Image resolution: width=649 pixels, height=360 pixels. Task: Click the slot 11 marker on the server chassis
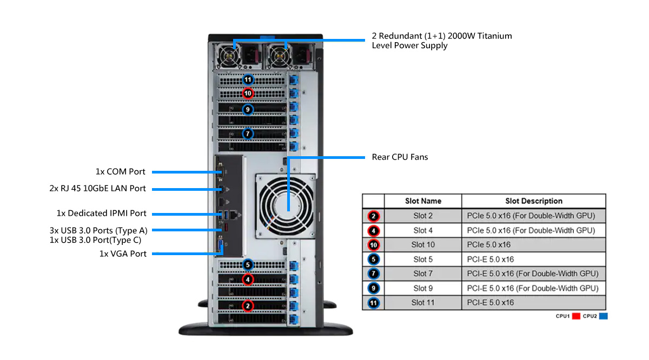click(x=248, y=79)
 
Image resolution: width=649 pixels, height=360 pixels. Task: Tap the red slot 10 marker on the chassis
click(x=248, y=94)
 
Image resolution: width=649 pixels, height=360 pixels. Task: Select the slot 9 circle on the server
click(x=248, y=109)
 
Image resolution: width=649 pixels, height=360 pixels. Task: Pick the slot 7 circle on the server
click(x=248, y=133)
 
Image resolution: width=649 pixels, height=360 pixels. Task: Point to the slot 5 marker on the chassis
click(x=248, y=265)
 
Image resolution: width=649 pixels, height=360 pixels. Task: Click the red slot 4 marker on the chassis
click(x=248, y=279)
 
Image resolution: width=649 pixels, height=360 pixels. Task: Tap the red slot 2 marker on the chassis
click(x=248, y=306)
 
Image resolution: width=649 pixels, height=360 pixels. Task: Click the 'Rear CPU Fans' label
click(x=400, y=157)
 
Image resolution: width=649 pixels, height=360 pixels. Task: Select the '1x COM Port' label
click(x=121, y=172)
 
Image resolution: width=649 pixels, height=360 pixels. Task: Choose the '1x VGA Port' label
click(x=123, y=254)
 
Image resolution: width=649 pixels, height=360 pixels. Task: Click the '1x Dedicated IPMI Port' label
click(x=102, y=214)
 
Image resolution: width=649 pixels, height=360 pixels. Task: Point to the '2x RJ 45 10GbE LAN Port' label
click(x=97, y=189)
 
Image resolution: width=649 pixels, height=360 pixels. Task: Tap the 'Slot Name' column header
click(x=423, y=201)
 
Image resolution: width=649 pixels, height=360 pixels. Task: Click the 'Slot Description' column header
click(x=533, y=201)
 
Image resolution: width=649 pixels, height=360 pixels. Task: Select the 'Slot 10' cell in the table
click(x=423, y=245)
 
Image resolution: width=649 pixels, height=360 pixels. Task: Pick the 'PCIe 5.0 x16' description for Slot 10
click(x=489, y=245)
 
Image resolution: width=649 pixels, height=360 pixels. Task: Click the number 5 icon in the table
click(x=373, y=259)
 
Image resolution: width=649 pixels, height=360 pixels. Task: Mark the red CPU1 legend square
click(x=576, y=316)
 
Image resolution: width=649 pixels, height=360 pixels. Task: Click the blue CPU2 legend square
click(x=603, y=316)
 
